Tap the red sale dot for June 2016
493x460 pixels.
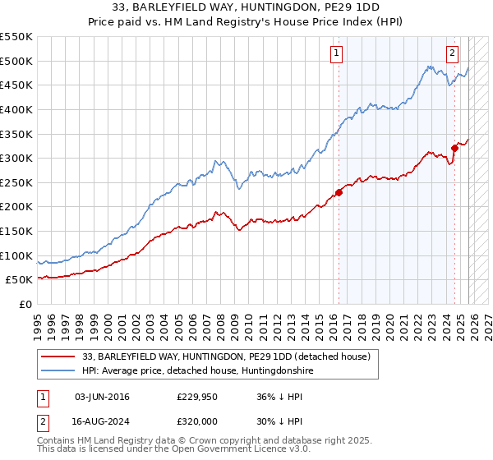(339, 193)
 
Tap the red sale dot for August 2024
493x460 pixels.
(454, 149)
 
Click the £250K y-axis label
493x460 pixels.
(16, 182)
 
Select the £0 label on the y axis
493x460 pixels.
(25, 304)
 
